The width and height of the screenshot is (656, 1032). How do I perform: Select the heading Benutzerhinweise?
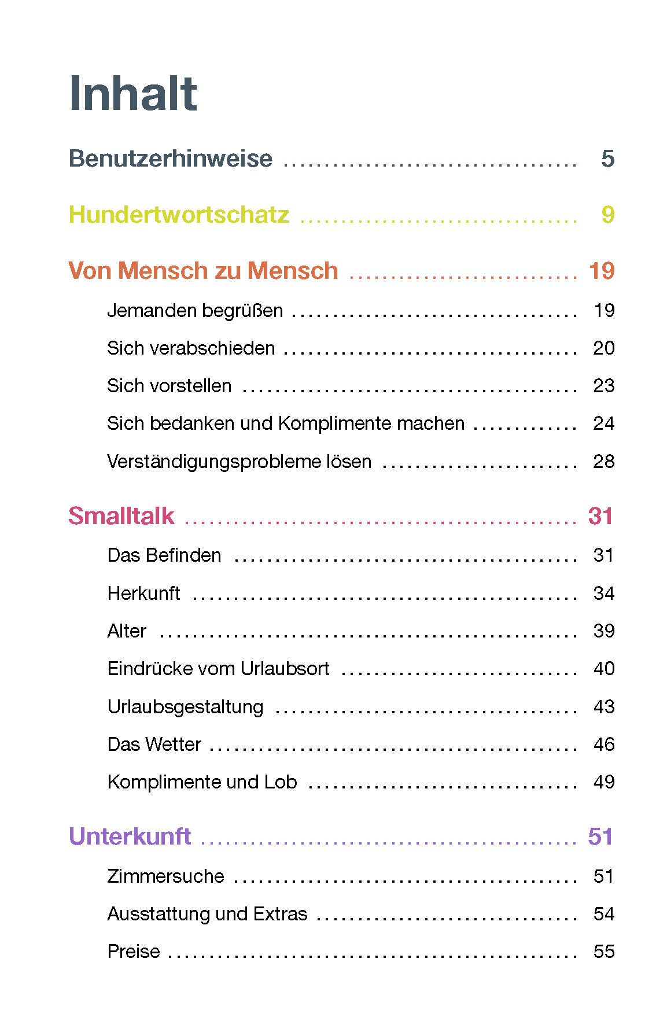tap(170, 159)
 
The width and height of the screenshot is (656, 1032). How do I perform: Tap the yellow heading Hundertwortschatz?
tap(178, 215)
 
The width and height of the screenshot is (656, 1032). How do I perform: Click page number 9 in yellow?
tap(607, 215)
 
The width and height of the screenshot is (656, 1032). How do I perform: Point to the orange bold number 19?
tap(601, 271)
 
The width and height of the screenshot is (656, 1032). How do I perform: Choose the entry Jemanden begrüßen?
tap(195, 311)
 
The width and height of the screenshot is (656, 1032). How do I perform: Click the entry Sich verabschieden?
tap(191, 348)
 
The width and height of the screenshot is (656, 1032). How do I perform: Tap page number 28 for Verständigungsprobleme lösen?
tap(603, 462)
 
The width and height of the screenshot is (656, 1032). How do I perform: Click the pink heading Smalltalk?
tap(121, 515)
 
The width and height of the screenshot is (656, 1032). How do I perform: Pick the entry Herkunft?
tap(143, 594)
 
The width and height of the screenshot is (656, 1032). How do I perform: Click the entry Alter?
tap(127, 631)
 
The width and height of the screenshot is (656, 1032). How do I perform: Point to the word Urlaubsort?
tap(285, 669)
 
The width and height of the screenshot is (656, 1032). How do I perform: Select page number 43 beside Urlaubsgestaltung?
tap(603, 706)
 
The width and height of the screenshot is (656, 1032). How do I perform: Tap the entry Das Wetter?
tap(154, 744)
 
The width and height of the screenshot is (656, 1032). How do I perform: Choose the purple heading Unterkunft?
tap(130, 836)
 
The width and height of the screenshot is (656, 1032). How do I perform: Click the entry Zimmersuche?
tap(165, 876)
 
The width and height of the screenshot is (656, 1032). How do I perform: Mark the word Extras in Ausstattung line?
tap(280, 914)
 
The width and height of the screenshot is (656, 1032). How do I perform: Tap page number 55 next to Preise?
tap(603, 952)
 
